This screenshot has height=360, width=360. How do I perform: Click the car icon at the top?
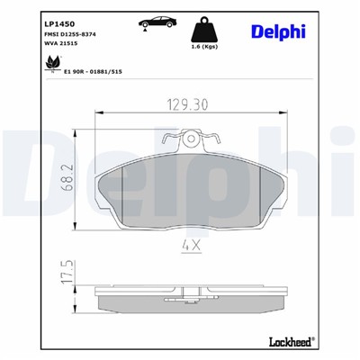tap(155, 21)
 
